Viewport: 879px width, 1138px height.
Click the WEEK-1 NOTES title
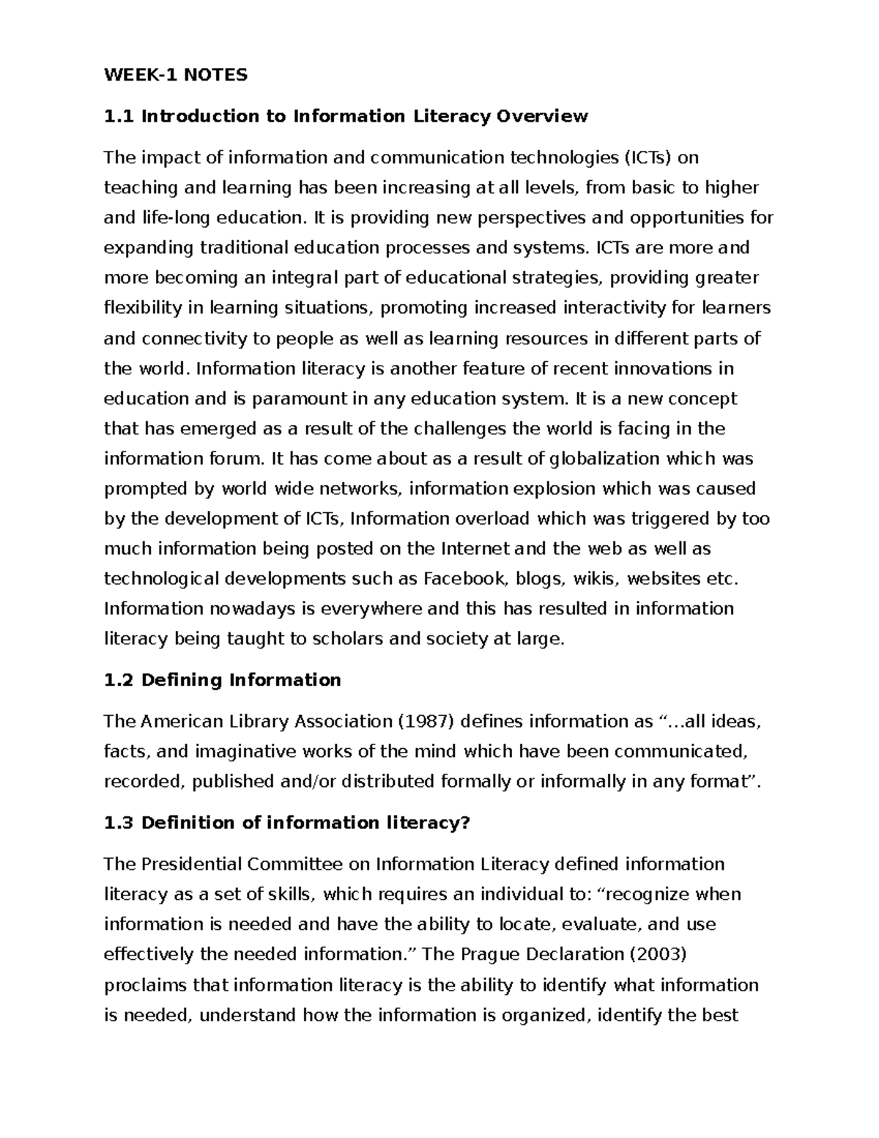(x=176, y=75)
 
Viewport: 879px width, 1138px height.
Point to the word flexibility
(x=142, y=308)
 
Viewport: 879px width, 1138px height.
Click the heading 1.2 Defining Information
(x=222, y=680)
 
